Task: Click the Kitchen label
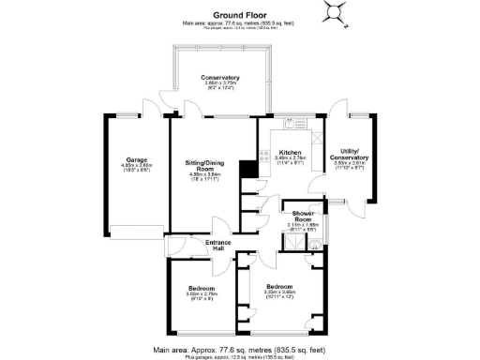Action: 290,152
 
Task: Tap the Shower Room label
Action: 302,217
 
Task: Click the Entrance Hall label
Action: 217,245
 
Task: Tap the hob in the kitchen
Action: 265,156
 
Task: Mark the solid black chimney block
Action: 247,169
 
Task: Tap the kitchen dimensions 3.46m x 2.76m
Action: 290,158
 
